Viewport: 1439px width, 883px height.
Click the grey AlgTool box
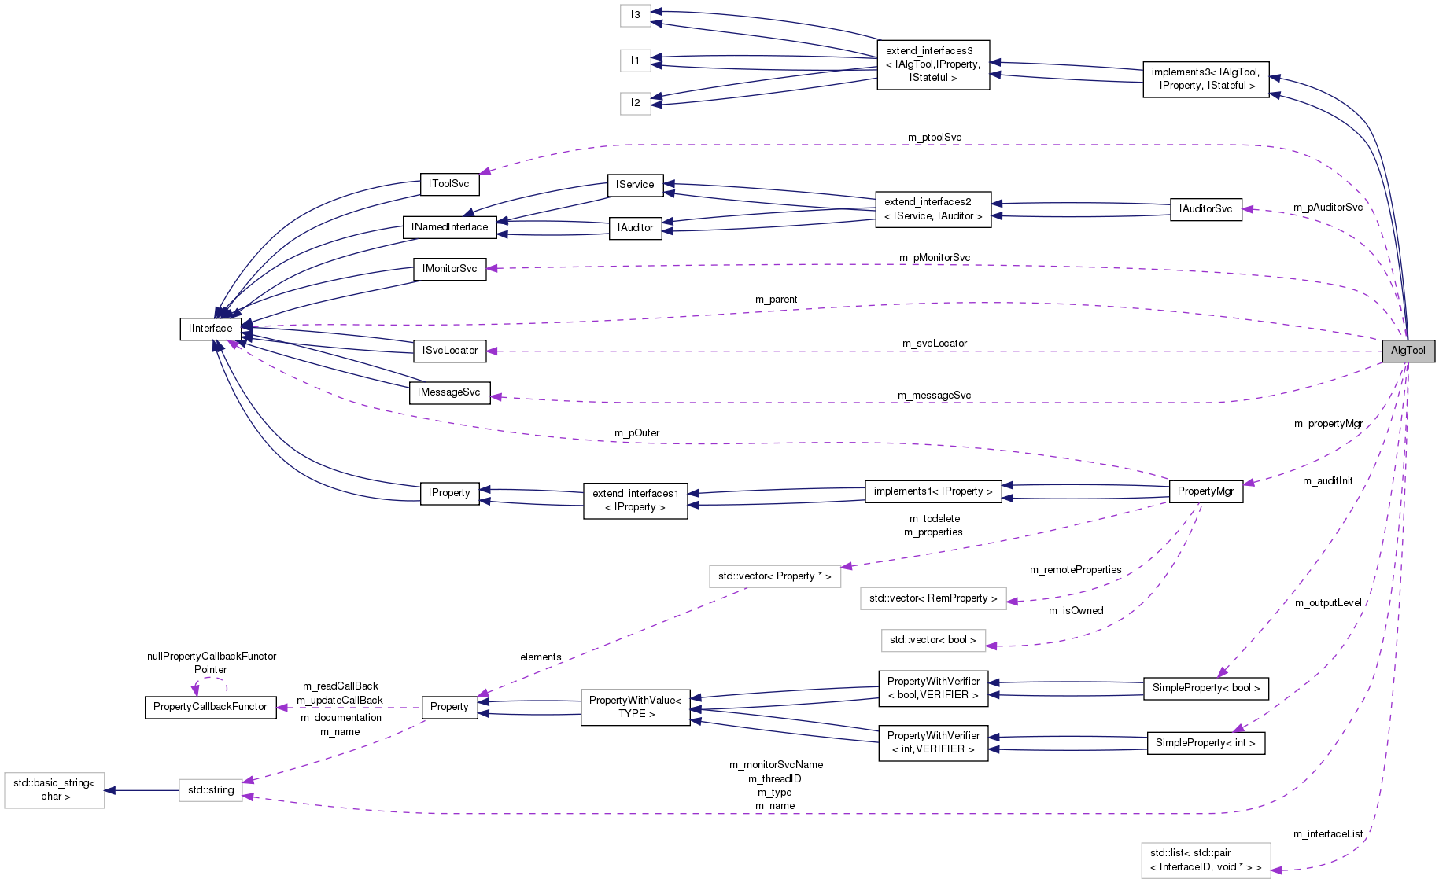pyautogui.click(x=1408, y=351)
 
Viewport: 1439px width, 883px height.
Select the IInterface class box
pyautogui.click(x=210, y=329)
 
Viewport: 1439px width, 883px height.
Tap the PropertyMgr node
pyautogui.click(x=1205, y=491)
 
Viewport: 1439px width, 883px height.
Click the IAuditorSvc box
pyautogui.click(x=1205, y=209)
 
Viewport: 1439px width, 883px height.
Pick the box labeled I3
pyautogui.click(x=635, y=15)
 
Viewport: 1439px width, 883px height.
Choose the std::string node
pyautogui.click(x=210, y=790)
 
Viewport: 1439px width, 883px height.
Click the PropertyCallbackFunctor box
pyautogui.click(x=210, y=707)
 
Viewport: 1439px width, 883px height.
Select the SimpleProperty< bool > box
pyautogui.click(x=1205, y=688)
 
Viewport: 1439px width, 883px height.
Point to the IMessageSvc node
pyautogui.click(x=449, y=392)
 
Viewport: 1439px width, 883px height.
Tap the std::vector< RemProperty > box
pyautogui.click(x=932, y=598)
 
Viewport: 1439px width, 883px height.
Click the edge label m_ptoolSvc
pyautogui.click(x=935, y=138)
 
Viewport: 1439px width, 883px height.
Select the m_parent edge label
pyautogui.click(x=776, y=300)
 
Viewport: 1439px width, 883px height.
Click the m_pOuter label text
pyautogui.click(x=636, y=433)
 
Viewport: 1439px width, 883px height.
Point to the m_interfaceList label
pyautogui.click(x=1328, y=834)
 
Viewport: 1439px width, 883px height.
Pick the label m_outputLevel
pyautogui.click(x=1328, y=603)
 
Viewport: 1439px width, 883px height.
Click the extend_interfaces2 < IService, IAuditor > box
pyautogui.click(x=932, y=209)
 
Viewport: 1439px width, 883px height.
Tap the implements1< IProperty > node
pyautogui.click(x=932, y=491)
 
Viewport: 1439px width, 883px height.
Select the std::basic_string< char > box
pyautogui.click(x=54, y=790)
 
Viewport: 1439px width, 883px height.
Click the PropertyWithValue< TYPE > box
pyautogui.click(x=635, y=707)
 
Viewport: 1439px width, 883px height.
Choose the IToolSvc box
pyautogui.click(x=449, y=184)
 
